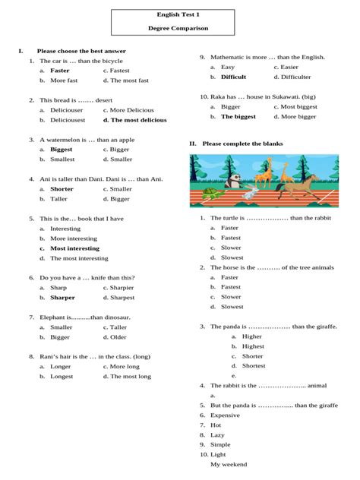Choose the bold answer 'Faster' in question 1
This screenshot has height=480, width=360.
pos(60,70)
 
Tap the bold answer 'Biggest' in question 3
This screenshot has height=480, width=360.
pos(62,150)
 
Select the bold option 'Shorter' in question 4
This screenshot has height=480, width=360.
pos(62,188)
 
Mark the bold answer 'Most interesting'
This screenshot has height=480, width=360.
pos(74,248)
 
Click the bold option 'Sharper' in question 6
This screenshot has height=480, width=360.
pos(62,298)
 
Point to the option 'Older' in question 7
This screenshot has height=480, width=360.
pos(118,336)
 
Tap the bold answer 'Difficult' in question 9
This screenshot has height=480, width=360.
pos(234,77)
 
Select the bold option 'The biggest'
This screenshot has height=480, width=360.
pos(238,116)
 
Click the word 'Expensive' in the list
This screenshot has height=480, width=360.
pos(225,415)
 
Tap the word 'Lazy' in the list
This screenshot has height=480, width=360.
pos(217,435)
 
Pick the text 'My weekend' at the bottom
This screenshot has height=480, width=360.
pos(229,464)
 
